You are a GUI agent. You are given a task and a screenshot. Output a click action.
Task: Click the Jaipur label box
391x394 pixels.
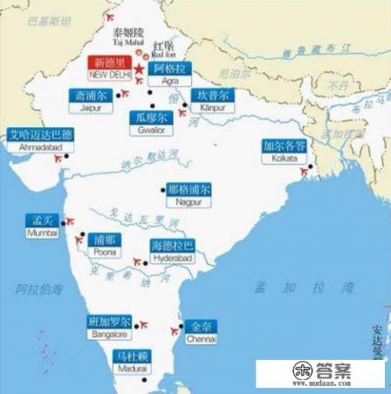pos(90,98)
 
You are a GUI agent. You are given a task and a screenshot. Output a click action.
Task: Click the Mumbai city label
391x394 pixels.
pos(40,224)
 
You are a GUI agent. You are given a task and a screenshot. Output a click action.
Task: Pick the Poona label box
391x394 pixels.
pos(105,243)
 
